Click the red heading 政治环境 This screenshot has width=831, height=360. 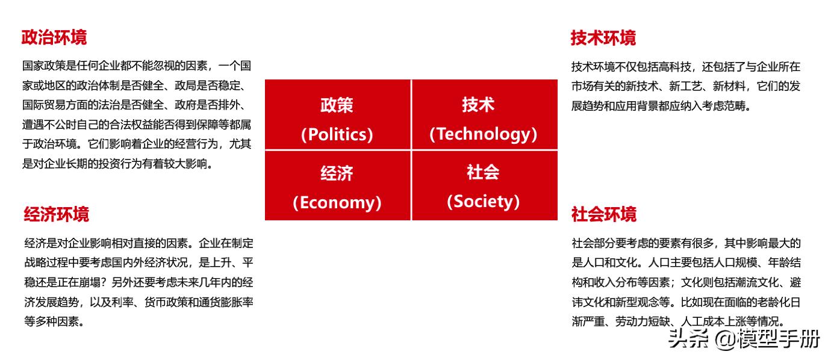[54, 37]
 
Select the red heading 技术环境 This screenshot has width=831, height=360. [603, 38]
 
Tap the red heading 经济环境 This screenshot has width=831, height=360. [57, 214]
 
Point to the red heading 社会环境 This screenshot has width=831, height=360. [603, 214]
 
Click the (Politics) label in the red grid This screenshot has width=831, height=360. [337, 134]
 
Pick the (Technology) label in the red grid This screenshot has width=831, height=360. [483, 134]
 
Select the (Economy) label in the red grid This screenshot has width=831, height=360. [337, 202]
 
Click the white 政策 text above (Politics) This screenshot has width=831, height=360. [337, 105]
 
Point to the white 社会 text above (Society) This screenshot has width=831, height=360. [483, 172]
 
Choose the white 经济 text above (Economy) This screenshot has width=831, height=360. [337, 173]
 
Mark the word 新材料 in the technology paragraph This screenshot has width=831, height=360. [730, 86]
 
